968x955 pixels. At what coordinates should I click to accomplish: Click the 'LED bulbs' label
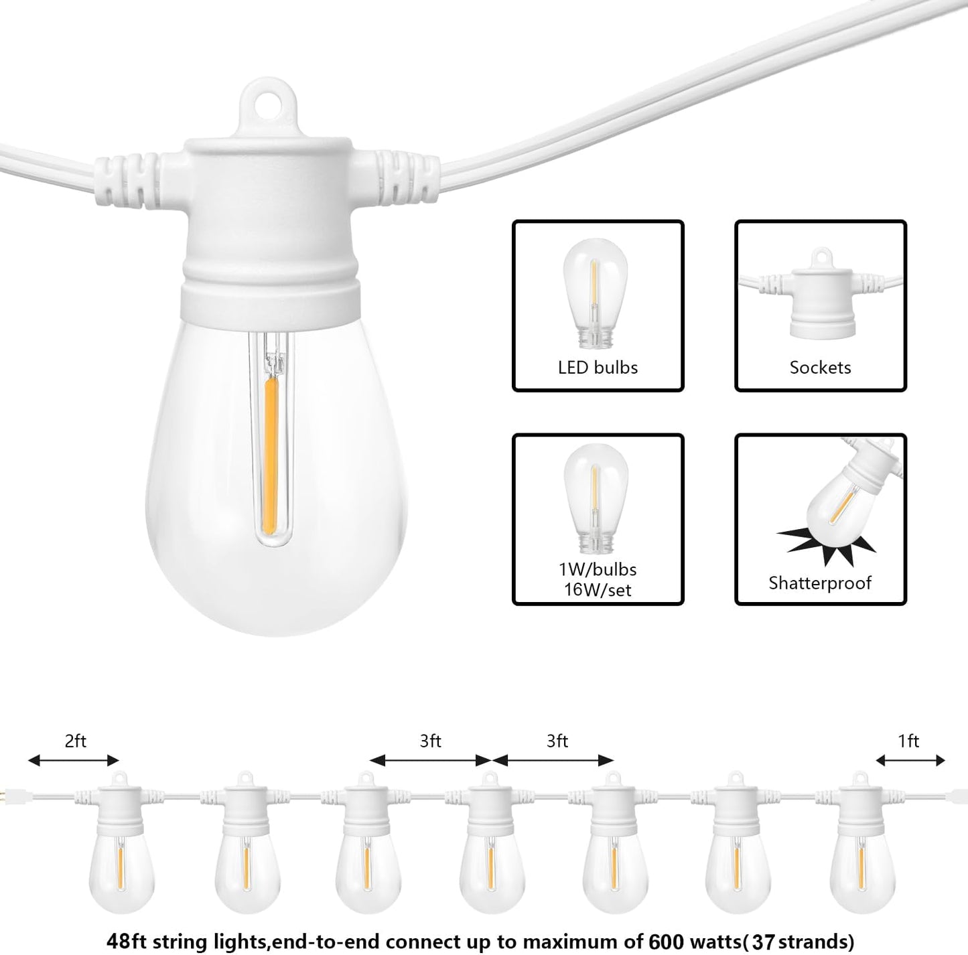[x=598, y=368]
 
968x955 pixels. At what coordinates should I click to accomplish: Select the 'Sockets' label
[x=820, y=368]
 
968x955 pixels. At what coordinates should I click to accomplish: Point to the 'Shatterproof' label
[x=820, y=583]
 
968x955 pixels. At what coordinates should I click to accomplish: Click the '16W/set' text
[x=598, y=590]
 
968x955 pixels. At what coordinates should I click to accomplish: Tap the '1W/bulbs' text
[x=598, y=569]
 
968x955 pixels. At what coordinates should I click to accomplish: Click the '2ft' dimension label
[x=75, y=741]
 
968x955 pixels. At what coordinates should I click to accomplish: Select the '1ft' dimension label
[x=908, y=741]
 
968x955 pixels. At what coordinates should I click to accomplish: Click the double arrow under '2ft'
[x=74, y=760]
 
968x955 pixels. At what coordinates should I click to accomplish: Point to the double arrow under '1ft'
[x=910, y=760]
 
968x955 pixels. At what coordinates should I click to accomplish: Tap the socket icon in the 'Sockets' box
[x=820, y=295]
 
